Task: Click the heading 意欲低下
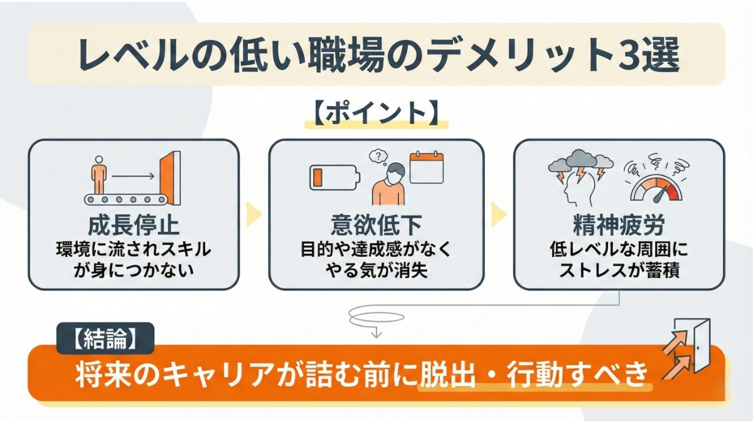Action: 376,224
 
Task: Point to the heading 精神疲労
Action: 618,224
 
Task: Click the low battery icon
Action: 334,177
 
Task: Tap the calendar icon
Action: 426,167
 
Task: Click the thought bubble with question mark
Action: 376,155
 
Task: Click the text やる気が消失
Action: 376,272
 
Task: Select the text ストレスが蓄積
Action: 618,272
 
